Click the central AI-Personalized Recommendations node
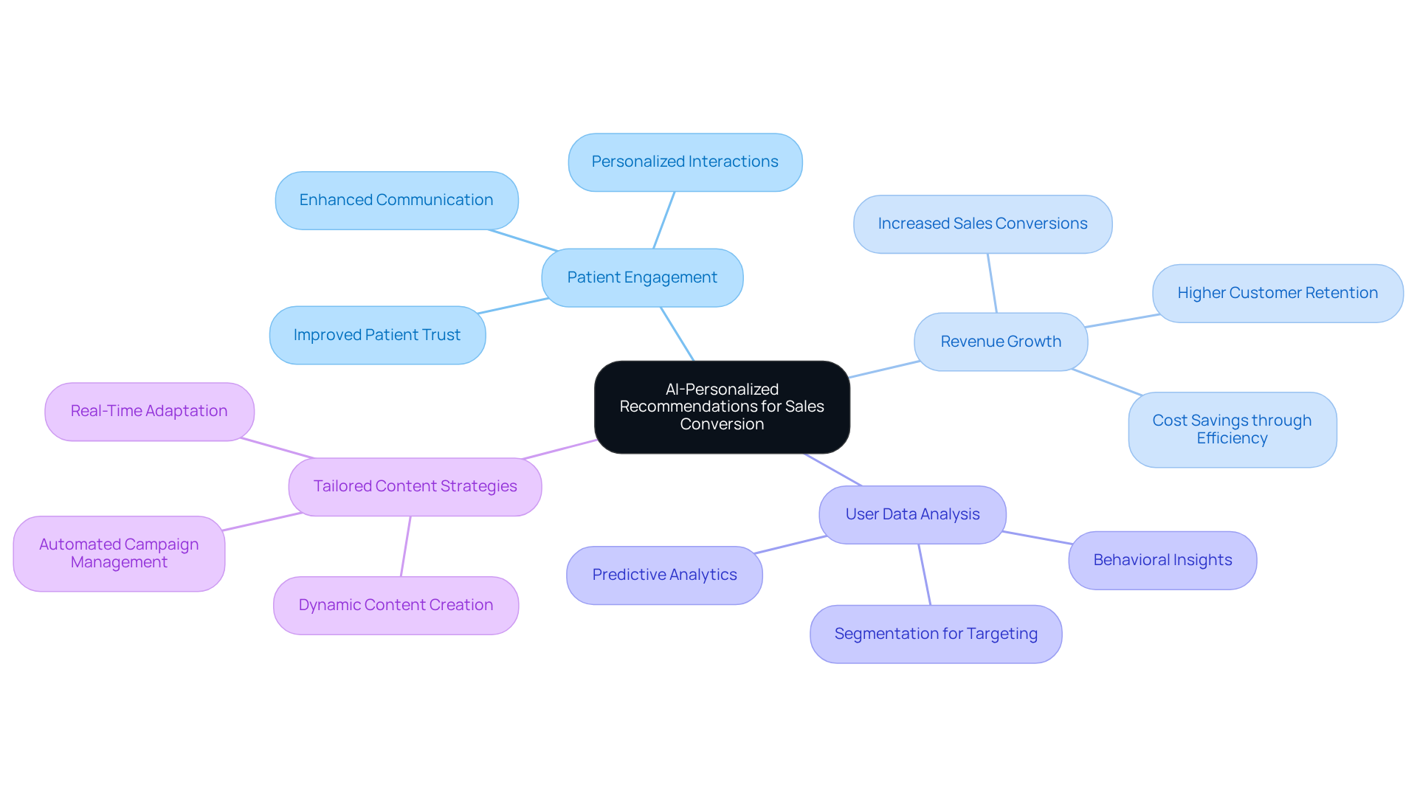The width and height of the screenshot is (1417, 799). [722, 407]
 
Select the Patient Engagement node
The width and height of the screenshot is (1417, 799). [642, 277]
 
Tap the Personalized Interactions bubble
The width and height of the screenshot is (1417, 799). [685, 162]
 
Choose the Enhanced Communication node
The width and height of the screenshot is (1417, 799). [396, 200]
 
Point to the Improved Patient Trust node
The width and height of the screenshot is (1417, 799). [377, 335]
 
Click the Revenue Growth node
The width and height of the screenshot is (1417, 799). [1001, 342]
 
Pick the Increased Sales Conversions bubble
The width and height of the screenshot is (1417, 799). [982, 224]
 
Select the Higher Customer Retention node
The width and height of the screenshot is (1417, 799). [1278, 293]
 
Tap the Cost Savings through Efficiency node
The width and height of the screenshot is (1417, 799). [1232, 429]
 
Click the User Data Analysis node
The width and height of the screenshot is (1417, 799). [912, 514]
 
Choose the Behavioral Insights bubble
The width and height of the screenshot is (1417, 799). [1162, 560]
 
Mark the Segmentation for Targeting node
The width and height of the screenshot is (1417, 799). [936, 634]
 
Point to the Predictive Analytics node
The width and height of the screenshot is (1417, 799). [664, 575]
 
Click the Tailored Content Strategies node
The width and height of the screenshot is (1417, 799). [415, 486]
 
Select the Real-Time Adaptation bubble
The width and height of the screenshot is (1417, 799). [149, 411]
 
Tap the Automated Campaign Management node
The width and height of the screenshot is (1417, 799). [119, 553]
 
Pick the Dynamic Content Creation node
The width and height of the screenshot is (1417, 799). [396, 605]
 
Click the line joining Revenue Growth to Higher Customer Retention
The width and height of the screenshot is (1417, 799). [1122, 321]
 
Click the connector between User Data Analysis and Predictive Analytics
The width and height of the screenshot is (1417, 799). [790, 544]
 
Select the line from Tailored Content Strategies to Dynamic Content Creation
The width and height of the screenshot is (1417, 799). [406, 546]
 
